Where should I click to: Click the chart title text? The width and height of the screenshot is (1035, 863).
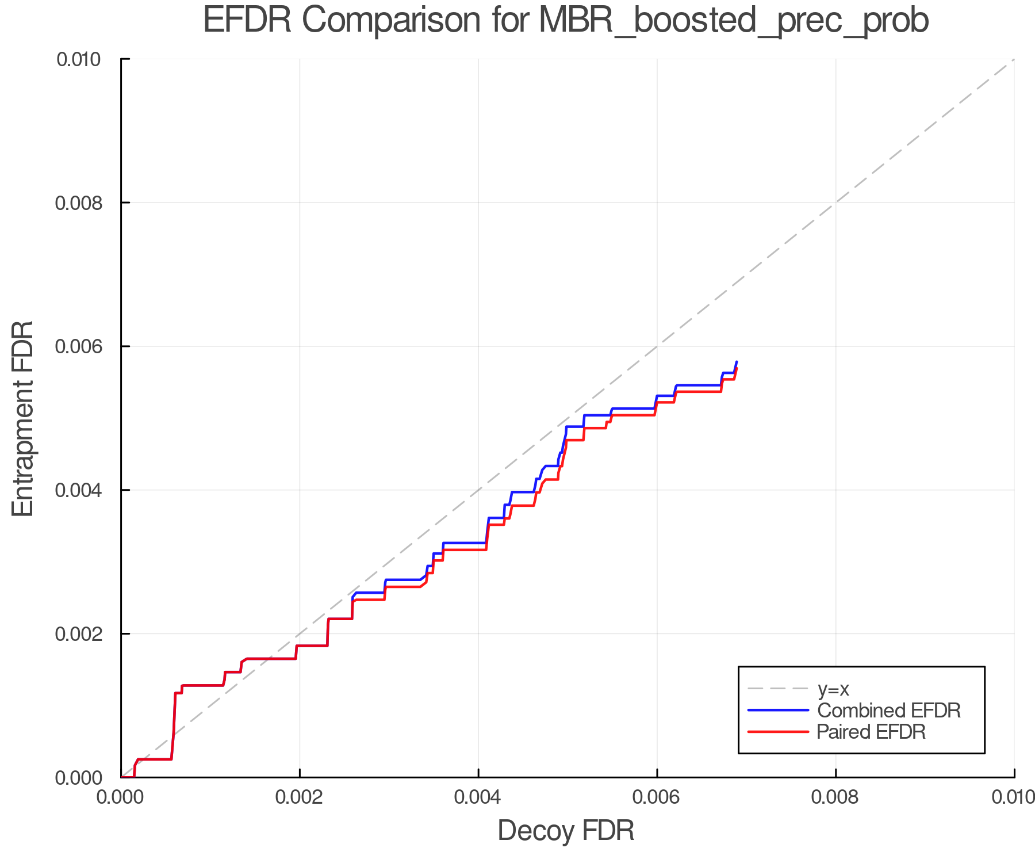pos(566,21)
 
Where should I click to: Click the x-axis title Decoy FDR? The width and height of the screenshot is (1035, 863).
pos(566,830)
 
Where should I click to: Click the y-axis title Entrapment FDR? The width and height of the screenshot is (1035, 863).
pos(23,418)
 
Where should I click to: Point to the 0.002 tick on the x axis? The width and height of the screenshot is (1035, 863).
pos(300,797)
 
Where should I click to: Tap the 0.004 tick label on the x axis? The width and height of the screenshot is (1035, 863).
pos(478,797)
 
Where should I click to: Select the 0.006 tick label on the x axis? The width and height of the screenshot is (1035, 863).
pos(657,797)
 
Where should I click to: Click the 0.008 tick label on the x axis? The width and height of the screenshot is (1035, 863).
pos(835,797)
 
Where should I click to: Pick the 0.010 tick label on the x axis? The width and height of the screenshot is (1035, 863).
pos(1013,797)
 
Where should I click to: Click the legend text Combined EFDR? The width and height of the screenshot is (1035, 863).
pos(889,711)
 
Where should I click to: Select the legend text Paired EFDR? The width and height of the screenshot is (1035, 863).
pos(871,732)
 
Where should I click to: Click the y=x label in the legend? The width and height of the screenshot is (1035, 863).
pos(833,689)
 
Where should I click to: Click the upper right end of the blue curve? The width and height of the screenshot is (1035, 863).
pos(737,362)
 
